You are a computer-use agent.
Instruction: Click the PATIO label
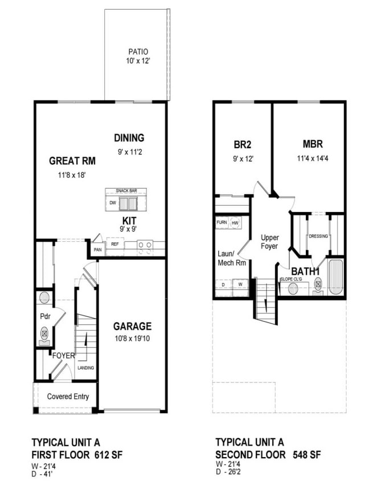(136, 51)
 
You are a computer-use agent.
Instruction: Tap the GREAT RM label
(71, 161)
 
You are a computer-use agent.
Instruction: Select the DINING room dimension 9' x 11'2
(129, 152)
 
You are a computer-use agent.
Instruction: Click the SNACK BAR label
(125, 191)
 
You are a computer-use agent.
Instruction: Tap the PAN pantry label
(97, 249)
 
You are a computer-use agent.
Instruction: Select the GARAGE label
(132, 327)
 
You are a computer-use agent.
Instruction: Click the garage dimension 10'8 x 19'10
(132, 339)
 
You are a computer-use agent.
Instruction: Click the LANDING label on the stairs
(86, 368)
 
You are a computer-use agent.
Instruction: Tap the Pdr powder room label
(45, 315)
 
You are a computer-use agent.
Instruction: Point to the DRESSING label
(318, 236)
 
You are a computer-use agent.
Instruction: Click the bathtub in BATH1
(336, 276)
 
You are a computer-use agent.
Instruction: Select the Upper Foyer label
(269, 242)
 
